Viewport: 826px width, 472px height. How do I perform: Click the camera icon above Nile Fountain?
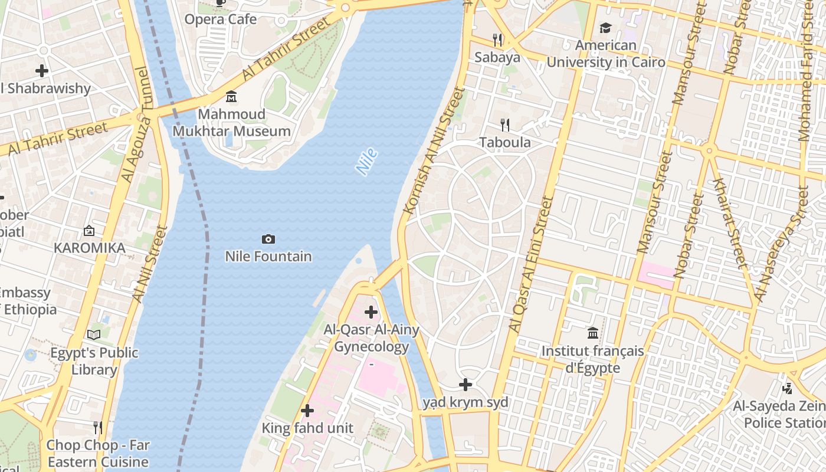(x=268, y=239)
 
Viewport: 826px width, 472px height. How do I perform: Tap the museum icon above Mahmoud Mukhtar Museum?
(x=231, y=96)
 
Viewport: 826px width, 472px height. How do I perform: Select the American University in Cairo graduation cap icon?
(x=605, y=28)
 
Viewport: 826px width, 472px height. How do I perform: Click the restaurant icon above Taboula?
(x=505, y=124)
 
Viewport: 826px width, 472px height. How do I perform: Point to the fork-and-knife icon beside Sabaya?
(x=498, y=40)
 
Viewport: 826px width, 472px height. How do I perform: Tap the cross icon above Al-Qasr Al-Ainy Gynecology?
(x=371, y=312)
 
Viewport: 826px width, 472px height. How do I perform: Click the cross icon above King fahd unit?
(x=307, y=411)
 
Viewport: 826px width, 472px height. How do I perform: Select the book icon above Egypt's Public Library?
(x=94, y=335)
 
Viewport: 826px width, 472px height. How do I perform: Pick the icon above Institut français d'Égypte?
(x=593, y=333)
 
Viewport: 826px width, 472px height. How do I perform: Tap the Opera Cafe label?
(x=221, y=19)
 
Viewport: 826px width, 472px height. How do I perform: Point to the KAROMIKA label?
(x=90, y=248)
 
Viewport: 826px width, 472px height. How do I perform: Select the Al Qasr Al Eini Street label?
(x=531, y=264)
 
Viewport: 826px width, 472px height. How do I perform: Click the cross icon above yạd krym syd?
(x=466, y=385)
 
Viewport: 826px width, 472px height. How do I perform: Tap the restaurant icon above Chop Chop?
(x=98, y=427)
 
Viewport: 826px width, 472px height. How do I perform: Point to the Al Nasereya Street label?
(x=784, y=243)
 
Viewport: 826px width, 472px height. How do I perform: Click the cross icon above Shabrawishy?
(x=42, y=71)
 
